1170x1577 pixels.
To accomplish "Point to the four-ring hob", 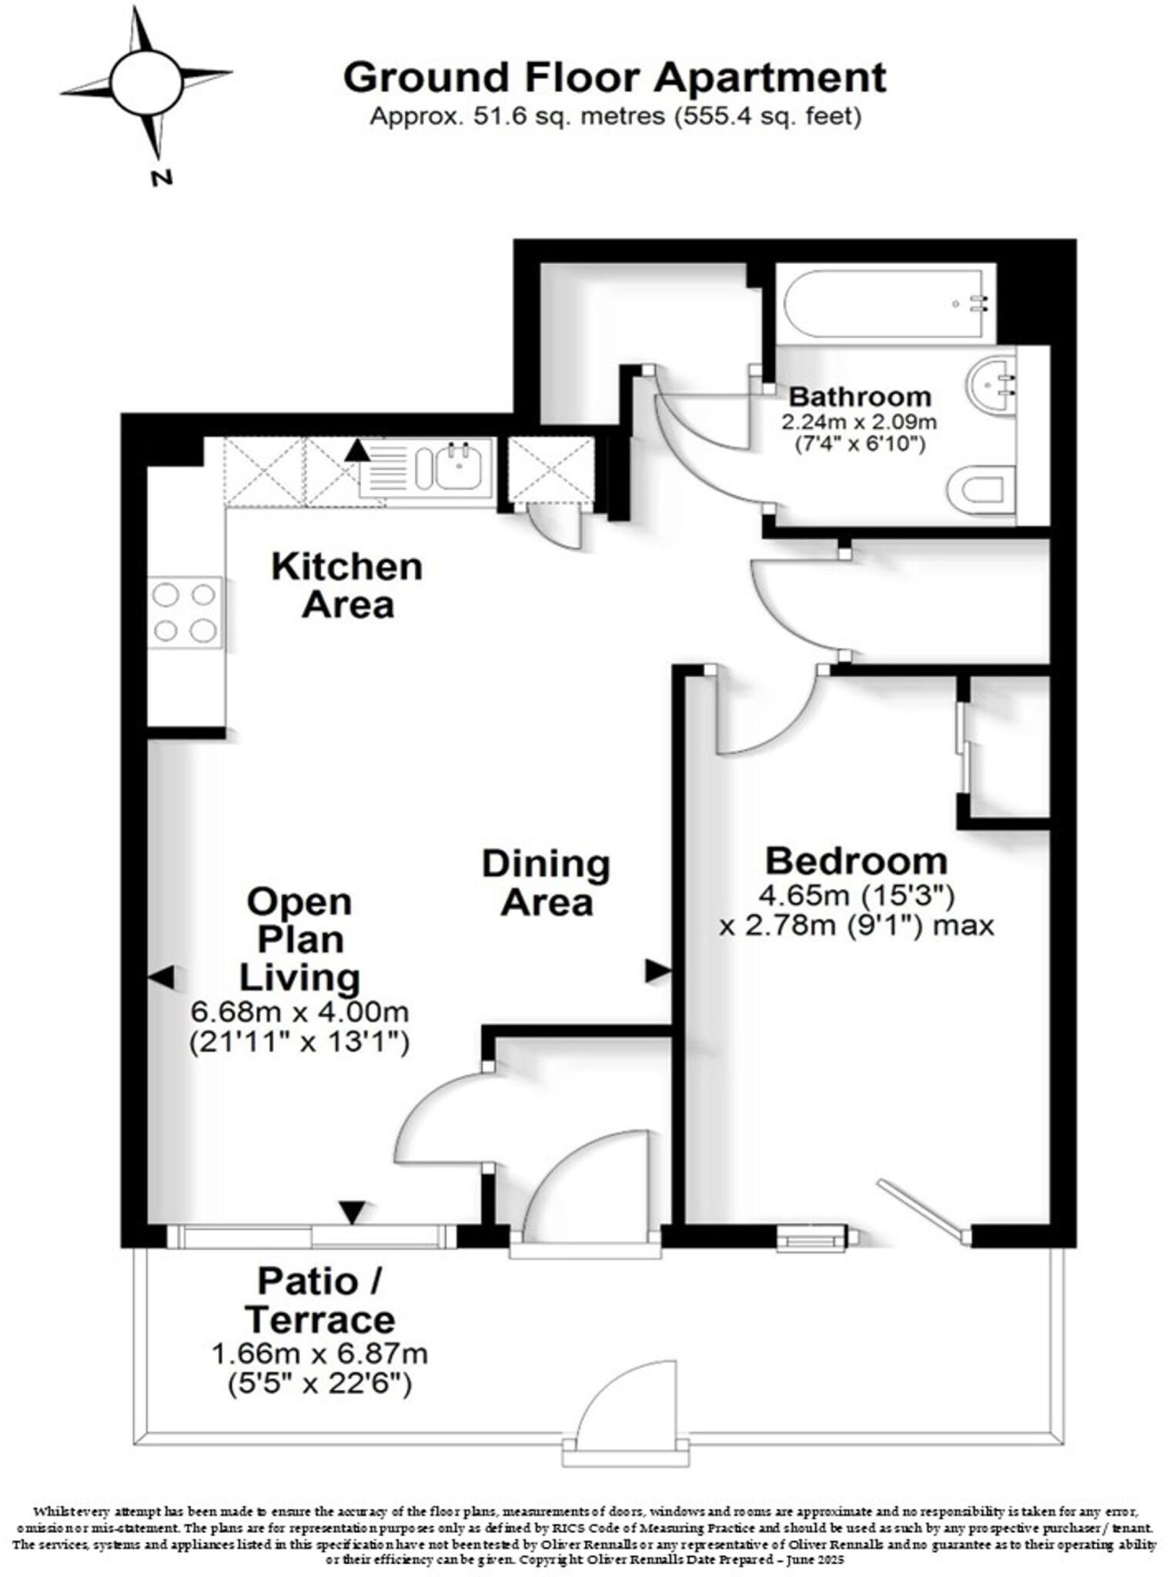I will click(185, 613).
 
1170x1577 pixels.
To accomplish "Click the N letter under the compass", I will click(161, 179).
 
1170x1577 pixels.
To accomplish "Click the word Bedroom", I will click(856, 861).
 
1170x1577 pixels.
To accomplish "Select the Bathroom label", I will click(860, 397).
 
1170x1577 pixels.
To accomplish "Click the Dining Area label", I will click(546, 883).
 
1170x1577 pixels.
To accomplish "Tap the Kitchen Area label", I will click(347, 586).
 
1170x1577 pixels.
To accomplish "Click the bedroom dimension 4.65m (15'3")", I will click(857, 896).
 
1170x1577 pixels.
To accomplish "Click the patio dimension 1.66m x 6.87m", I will click(319, 1354).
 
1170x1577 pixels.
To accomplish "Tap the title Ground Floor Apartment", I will click(614, 77).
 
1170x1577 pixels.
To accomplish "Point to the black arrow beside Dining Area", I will click(657, 971).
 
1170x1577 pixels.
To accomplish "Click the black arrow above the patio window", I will click(353, 1212).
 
